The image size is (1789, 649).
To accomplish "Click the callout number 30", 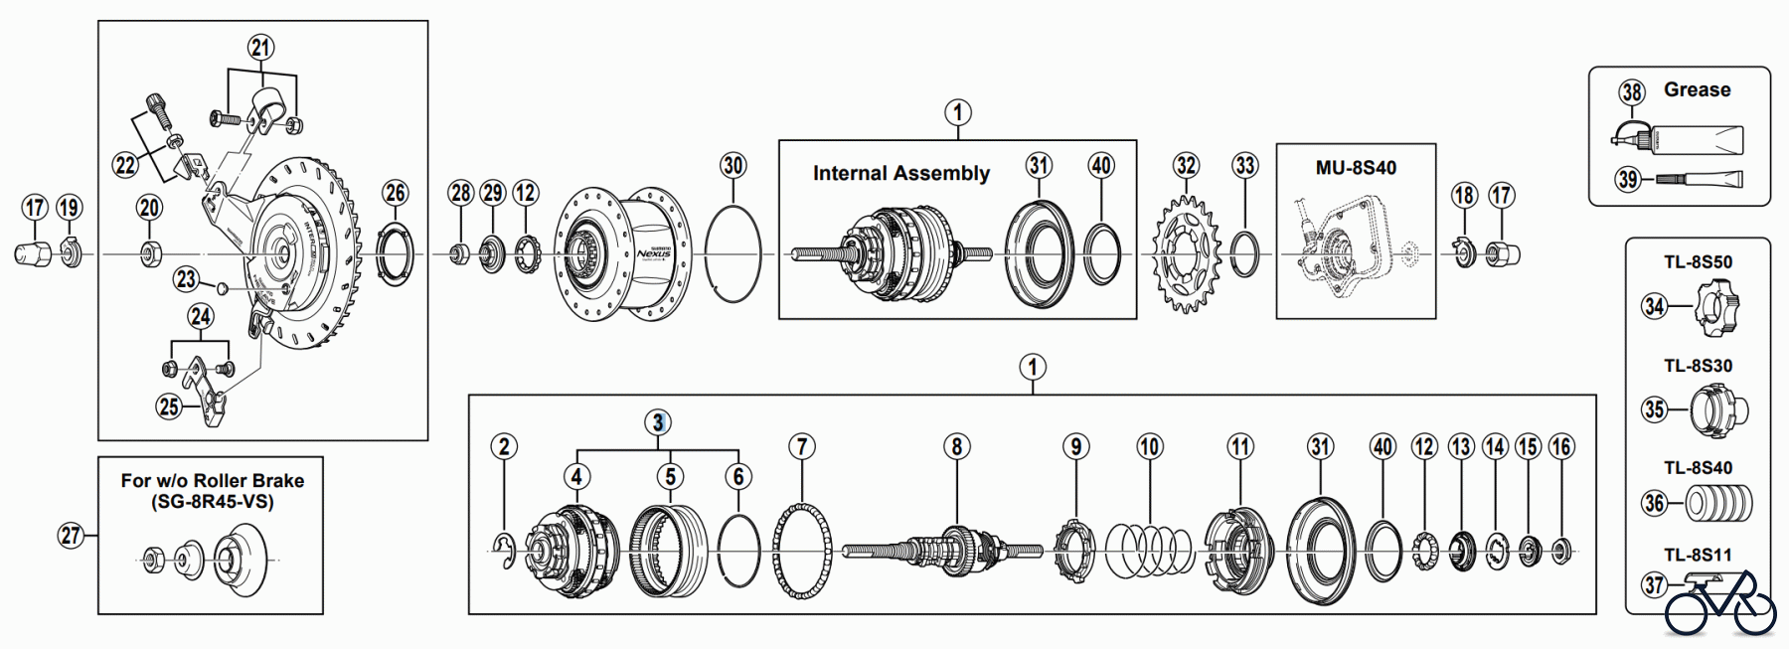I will pos(732,165).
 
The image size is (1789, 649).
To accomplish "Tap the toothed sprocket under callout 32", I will pos(1186,254).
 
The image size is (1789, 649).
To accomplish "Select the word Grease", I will pos(1697,89).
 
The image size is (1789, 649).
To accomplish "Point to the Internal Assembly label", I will pos(900,173).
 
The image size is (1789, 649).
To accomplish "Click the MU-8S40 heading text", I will pos(1356,168).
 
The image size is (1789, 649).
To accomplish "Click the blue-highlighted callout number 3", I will pos(657,422).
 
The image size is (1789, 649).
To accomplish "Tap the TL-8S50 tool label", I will pos(1698,262).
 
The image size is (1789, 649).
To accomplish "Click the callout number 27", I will pos(70,536).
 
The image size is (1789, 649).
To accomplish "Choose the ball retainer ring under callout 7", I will pos(801,551).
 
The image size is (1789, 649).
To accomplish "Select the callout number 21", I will pos(260,47).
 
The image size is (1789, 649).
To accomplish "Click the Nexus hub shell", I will pos(621,254).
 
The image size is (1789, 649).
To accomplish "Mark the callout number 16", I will pos(1560,447).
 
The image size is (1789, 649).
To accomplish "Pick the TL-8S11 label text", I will pos(1698,555).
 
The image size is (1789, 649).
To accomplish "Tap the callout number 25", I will pos(169,406).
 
